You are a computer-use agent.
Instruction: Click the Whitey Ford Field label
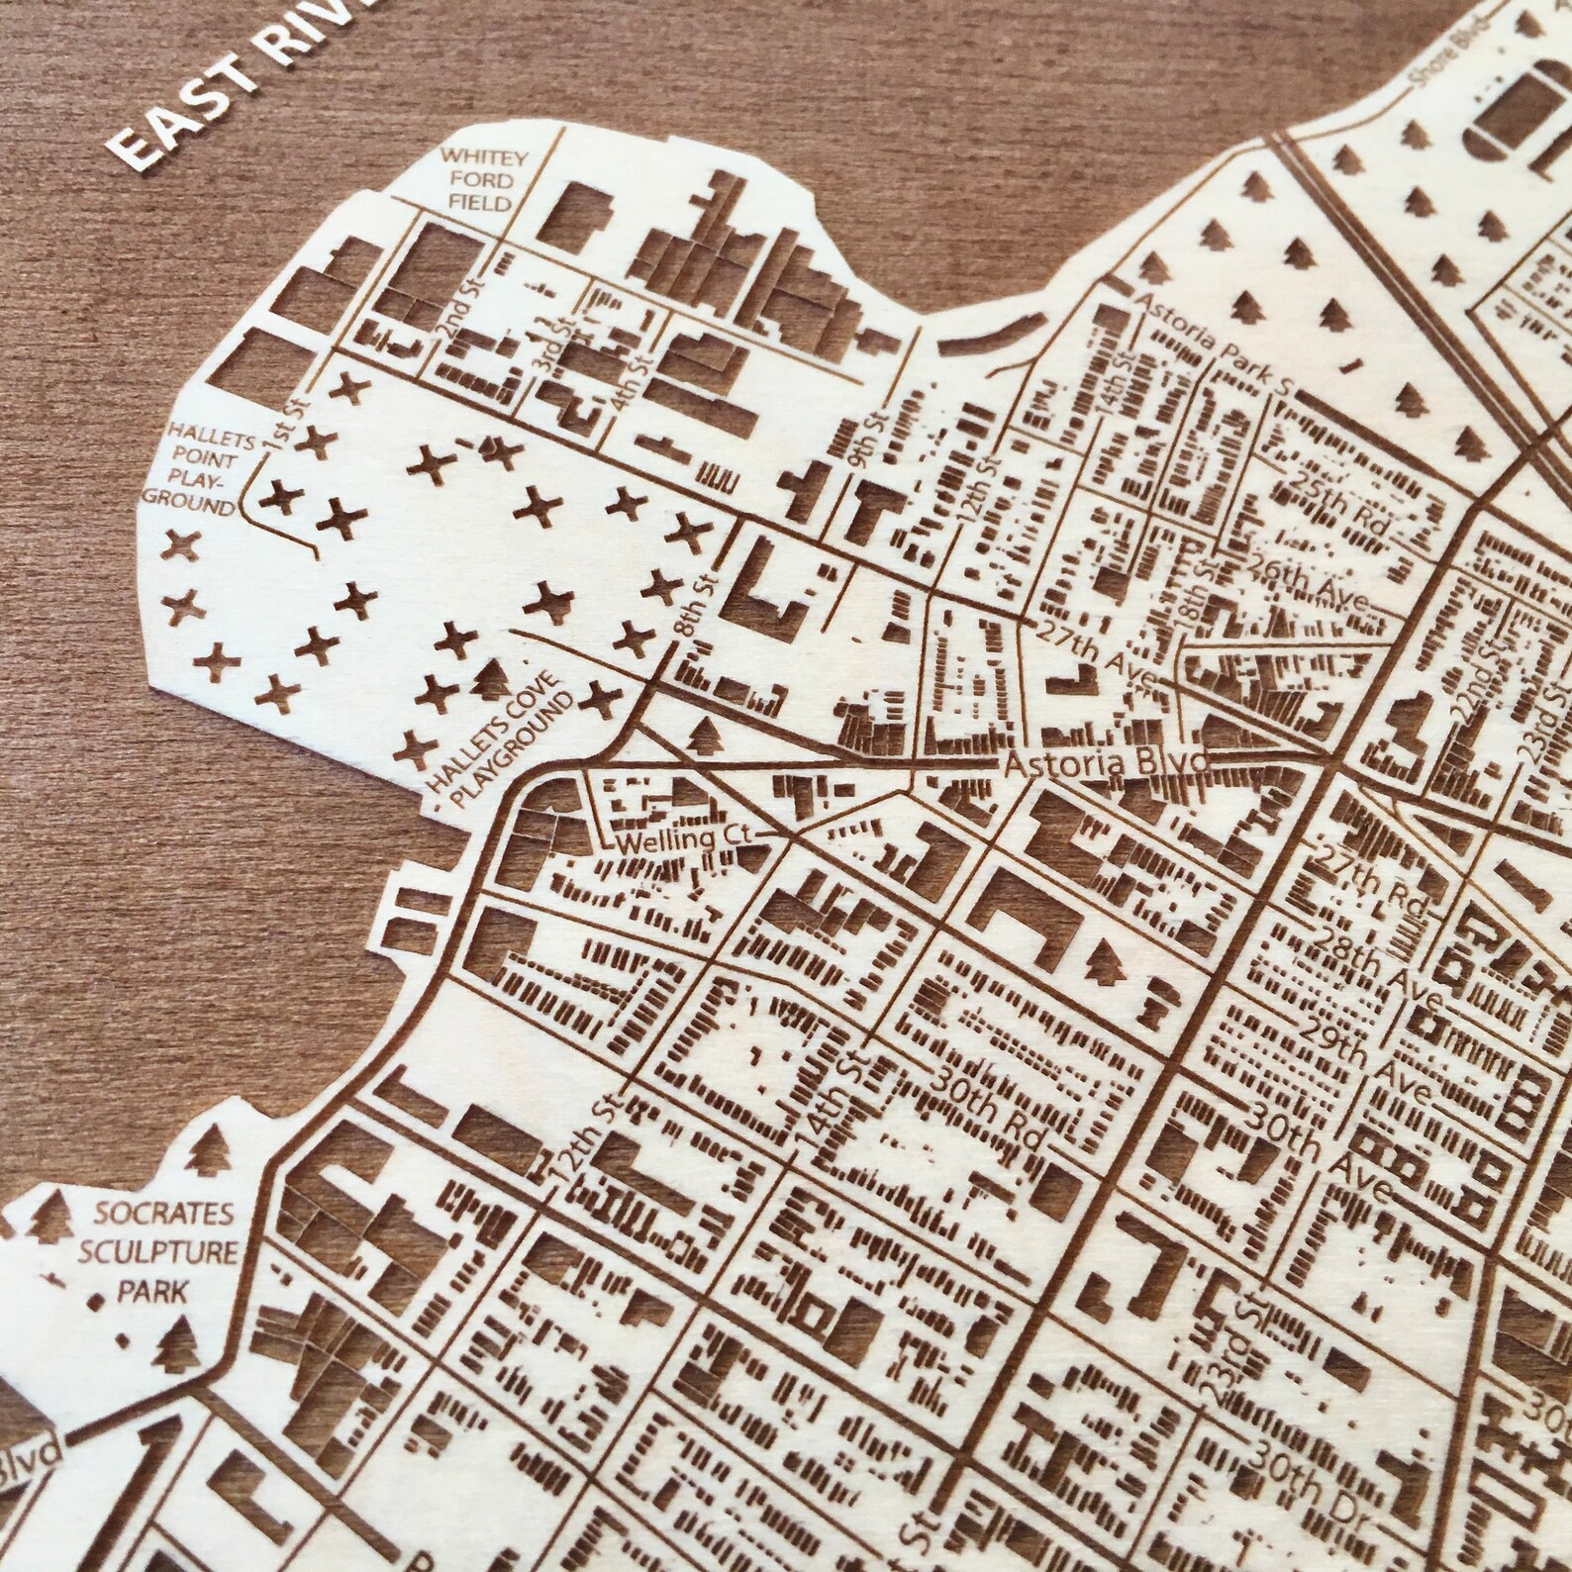click(479, 180)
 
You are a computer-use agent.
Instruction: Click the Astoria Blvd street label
click(1105, 764)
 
